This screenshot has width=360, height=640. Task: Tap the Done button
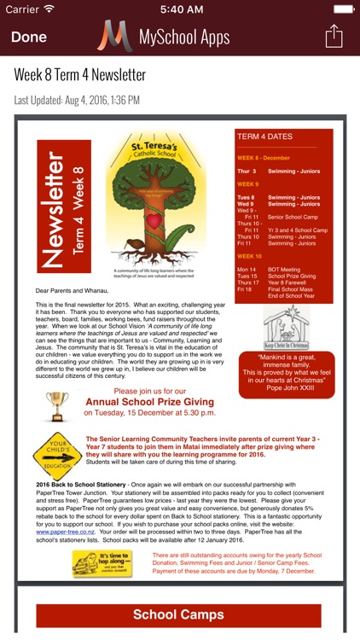29,38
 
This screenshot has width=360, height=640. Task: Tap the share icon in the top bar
334,37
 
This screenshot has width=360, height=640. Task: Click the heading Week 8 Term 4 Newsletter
80,74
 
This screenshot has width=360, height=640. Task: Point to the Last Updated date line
77,100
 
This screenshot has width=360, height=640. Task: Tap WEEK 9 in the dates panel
248,184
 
